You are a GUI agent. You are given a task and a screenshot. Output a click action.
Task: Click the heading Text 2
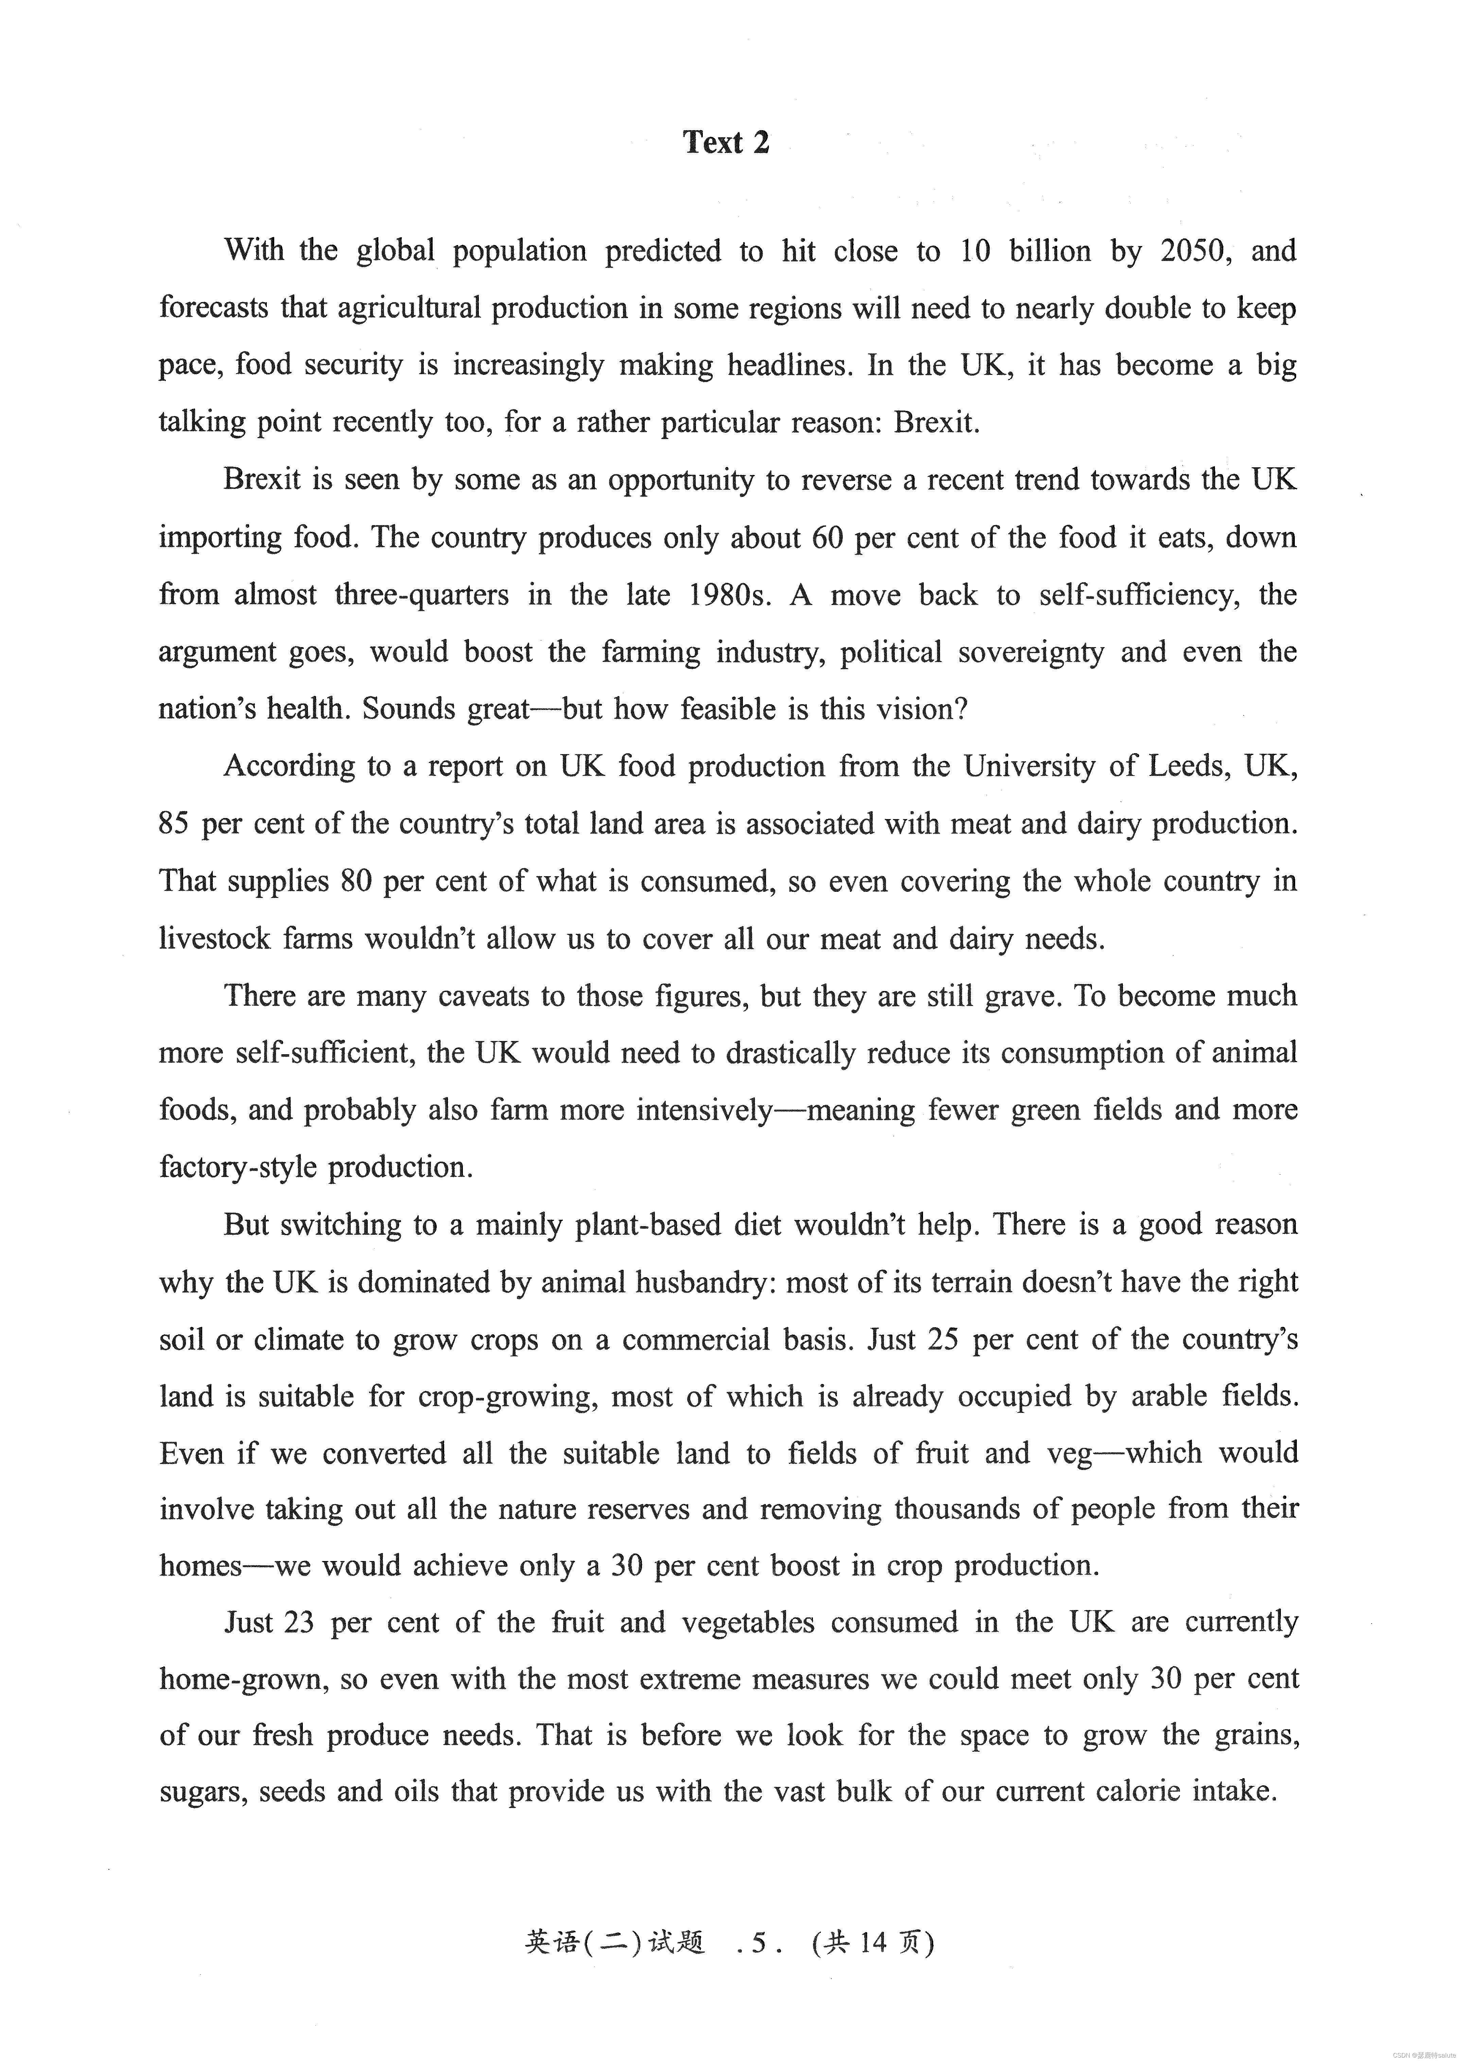726,142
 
